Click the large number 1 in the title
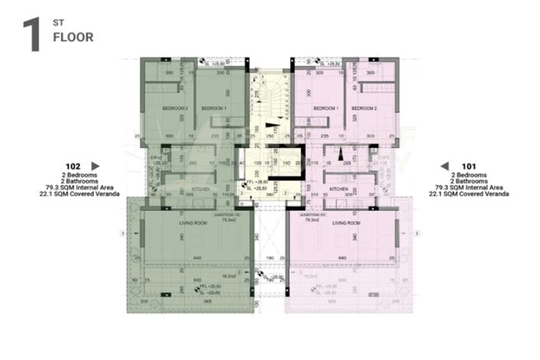coord(31,35)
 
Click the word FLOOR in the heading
coord(73,37)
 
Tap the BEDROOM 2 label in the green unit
coord(175,109)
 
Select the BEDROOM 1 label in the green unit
coord(214,109)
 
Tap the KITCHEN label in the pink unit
coord(340,188)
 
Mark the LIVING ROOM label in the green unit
coord(195,222)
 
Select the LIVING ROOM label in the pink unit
coord(345,222)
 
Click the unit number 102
coord(74,165)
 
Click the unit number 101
coord(470,165)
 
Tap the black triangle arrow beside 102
coord(95,165)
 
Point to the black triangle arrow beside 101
coord(443,165)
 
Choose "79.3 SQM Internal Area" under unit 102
coord(74,188)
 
